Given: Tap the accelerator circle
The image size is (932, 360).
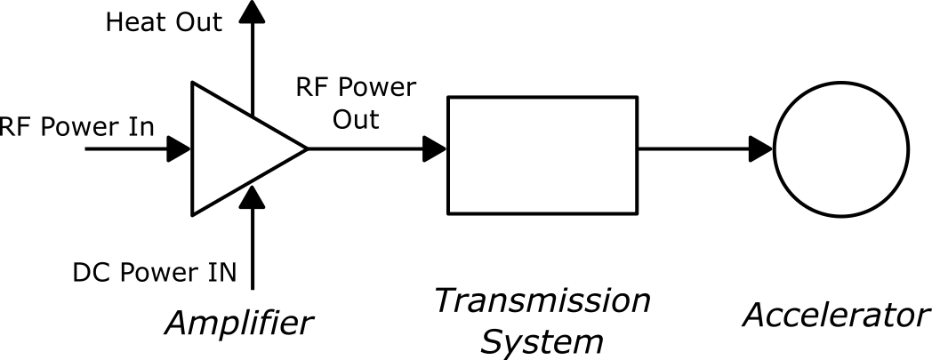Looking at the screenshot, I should [840, 148].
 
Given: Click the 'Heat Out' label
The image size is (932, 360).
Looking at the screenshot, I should [164, 23].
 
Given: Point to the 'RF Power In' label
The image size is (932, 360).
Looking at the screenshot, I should [76, 126].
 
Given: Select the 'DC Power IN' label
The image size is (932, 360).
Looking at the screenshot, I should [155, 272].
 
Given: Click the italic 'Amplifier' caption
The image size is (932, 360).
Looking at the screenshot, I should [239, 322].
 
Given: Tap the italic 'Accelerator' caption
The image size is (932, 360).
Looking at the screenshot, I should [837, 315].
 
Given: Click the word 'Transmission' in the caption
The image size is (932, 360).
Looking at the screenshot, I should [542, 301].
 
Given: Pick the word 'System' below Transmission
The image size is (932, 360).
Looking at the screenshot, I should [542, 340].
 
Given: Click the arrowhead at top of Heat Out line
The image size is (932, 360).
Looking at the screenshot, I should [253, 11].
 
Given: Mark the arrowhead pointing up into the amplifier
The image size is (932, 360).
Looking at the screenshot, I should [253, 196].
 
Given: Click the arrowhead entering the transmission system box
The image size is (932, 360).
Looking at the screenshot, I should [436, 148].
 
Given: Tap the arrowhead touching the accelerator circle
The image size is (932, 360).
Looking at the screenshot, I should [761, 148].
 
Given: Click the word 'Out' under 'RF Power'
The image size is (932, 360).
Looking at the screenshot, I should [356, 119].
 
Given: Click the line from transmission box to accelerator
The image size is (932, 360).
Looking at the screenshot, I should [694, 148].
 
